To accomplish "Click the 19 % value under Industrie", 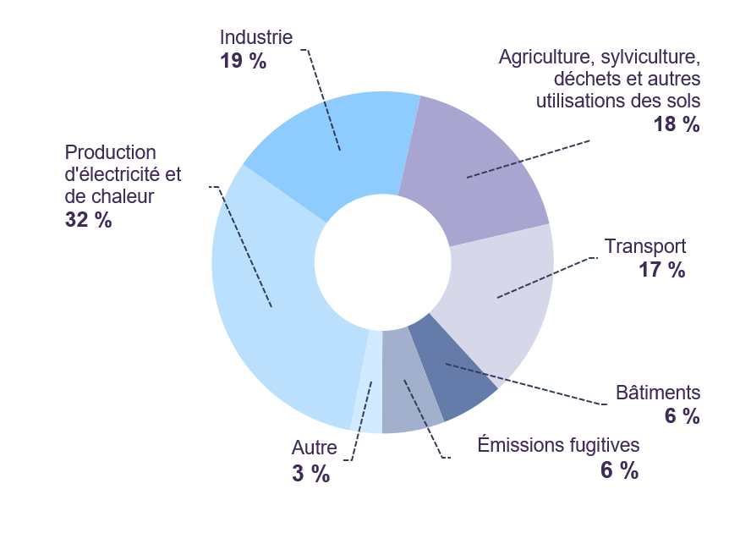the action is pyautogui.click(x=244, y=61).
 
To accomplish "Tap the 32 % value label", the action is pyautogui.click(x=89, y=219).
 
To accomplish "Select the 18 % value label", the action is pyautogui.click(x=677, y=124).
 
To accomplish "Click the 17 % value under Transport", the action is pyautogui.click(x=662, y=269).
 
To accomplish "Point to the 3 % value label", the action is pyautogui.click(x=311, y=474).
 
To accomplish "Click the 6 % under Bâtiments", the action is pyautogui.click(x=682, y=415).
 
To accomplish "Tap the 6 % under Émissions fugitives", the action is pyautogui.click(x=619, y=470).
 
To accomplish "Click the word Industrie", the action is pyautogui.click(x=256, y=37).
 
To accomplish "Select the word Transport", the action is pyautogui.click(x=645, y=246).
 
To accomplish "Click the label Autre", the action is pyautogui.click(x=315, y=448).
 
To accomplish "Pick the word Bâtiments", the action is pyautogui.click(x=658, y=393).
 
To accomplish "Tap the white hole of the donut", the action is pyautogui.click(x=382, y=262).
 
